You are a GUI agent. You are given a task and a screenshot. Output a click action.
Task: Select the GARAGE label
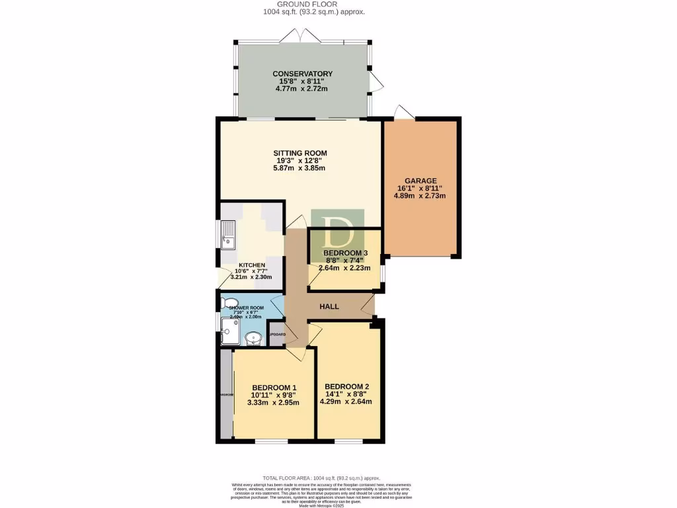421,181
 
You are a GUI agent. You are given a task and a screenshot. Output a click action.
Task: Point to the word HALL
329,307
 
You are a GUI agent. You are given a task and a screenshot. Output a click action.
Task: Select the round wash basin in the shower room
253,339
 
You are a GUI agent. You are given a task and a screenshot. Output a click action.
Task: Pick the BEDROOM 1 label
273,388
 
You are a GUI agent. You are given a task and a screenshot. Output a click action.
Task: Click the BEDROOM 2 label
346,387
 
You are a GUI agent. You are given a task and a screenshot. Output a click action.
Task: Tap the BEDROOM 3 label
344,253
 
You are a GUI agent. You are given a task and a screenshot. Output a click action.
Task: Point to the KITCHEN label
252,265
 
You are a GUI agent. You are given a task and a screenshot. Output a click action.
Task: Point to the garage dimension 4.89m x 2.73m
421,196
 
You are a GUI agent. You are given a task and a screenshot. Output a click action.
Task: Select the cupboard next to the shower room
276,333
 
